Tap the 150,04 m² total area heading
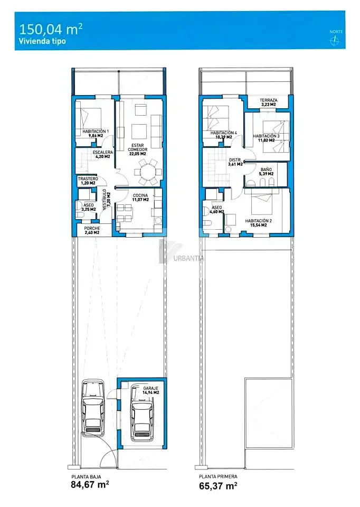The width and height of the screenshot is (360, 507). click(x=51, y=29)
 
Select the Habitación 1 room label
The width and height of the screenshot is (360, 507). click(x=96, y=134)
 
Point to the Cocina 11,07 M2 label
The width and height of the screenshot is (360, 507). click(x=140, y=198)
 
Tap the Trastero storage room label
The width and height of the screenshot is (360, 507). click(x=88, y=181)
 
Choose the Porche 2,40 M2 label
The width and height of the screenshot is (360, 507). click(x=92, y=230)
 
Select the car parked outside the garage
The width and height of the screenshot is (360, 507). click(x=93, y=407)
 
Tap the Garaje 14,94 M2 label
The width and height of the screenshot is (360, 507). click(x=151, y=390)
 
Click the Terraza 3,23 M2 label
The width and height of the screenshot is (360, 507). click(x=269, y=102)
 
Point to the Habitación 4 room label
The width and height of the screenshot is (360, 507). click(x=224, y=135)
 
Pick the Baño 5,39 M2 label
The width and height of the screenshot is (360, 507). click(x=267, y=171)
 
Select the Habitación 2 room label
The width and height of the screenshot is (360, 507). click(x=259, y=223)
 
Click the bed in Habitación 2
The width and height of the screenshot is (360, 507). click(x=263, y=202)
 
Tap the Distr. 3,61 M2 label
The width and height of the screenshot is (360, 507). click(x=235, y=162)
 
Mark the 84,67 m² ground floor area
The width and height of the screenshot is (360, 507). click(x=90, y=484)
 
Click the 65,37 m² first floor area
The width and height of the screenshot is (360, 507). click(x=218, y=486)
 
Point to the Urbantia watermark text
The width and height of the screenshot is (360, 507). click(x=189, y=258)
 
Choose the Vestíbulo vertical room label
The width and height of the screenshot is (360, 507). click(x=106, y=200)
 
